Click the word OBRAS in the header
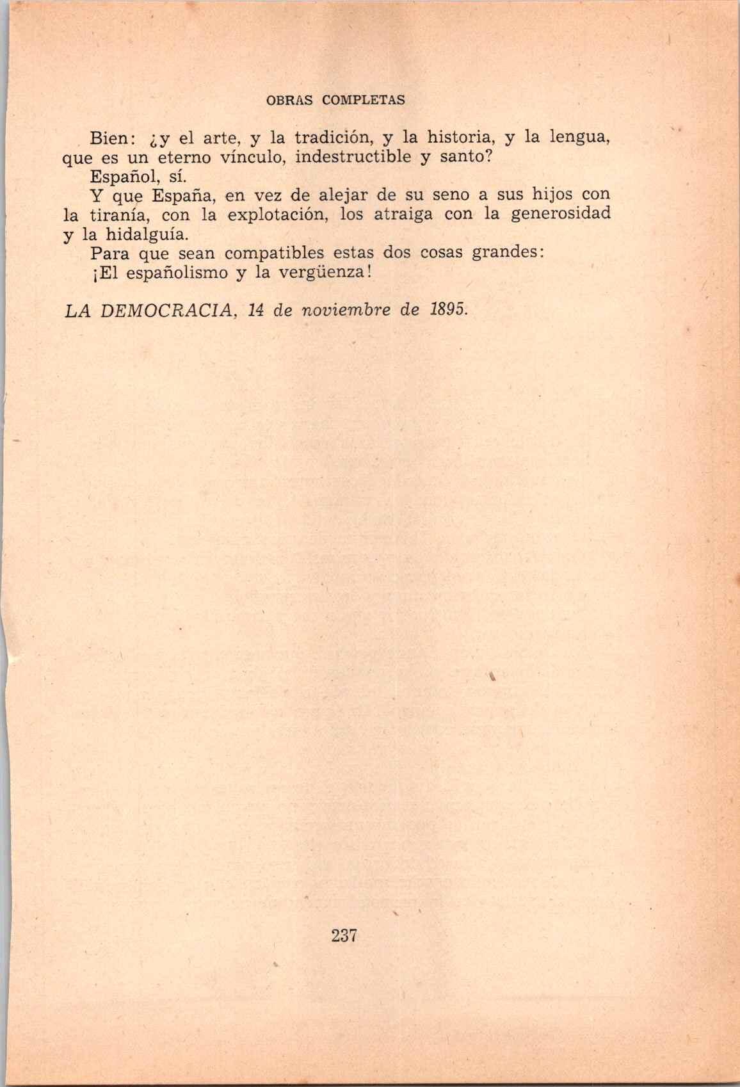291,101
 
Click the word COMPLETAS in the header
364,101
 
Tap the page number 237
344,935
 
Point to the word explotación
278,214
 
